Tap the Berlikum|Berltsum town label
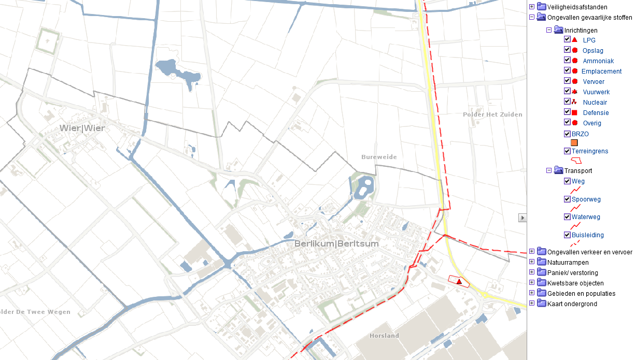(336, 243)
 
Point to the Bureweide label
(379, 156)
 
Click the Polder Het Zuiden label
(492, 114)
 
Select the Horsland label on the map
(384, 336)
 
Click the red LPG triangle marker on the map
(459, 281)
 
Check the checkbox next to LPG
(567, 40)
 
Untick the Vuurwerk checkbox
(567, 92)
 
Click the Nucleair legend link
(595, 103)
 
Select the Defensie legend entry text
(596, 113)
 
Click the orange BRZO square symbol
(574, 143)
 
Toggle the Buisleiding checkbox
(567, 235)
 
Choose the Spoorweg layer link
(586, 199)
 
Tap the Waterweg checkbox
(567, 217)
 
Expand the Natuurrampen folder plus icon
(532, 262)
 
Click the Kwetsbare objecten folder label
(575, 283)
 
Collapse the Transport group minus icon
(549, 170)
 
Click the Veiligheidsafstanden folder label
(577, 7)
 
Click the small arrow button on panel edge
(523, 218)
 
